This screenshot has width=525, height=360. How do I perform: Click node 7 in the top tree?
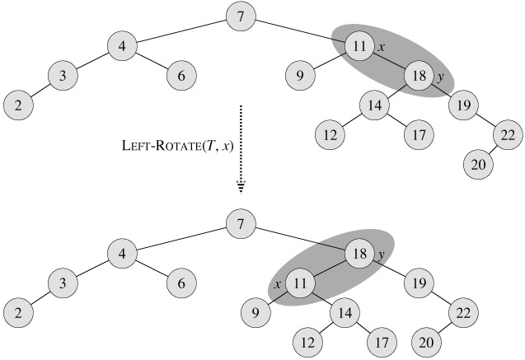[240, 16]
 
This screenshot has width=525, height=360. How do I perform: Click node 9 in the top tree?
[302, 77]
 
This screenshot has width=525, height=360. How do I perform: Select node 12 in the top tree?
[330, 134]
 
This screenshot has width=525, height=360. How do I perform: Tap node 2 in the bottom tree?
[18, 314]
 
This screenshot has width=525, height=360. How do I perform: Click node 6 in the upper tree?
[180, 77]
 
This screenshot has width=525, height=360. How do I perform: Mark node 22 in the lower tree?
[465, 313]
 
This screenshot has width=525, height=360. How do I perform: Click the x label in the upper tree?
[382, 48]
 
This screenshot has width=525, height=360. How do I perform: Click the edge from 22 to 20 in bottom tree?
[448, 328]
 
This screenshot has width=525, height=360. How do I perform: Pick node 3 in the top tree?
[63, 77]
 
